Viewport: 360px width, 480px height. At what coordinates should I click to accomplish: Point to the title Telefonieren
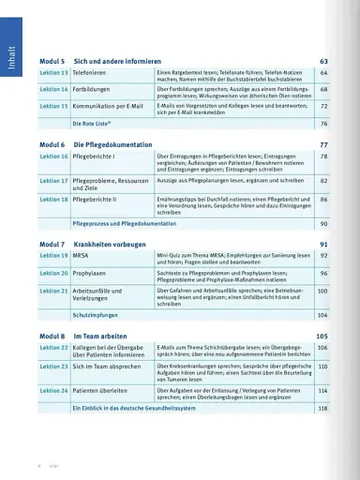point(91,72)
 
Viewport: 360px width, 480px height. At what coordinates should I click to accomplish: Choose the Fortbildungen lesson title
point(92,89)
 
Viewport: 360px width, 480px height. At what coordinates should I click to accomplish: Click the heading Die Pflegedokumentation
point(113,144)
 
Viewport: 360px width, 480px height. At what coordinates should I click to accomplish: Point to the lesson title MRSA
point(83,255)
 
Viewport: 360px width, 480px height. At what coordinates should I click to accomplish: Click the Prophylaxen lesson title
point(92,273)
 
